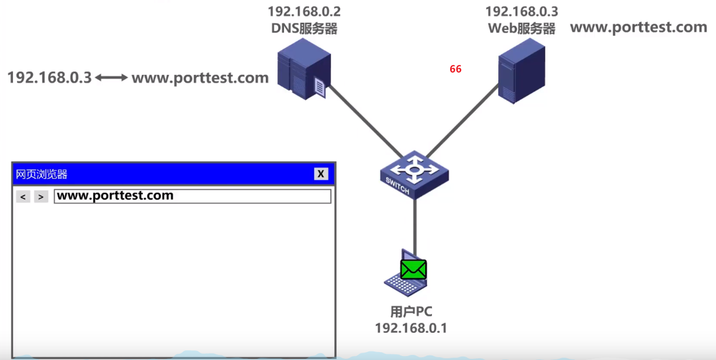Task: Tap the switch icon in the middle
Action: [414, 173]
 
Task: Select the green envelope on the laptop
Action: [413, 269]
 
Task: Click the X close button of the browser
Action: [321, 174]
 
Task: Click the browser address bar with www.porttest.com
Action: [192, 196]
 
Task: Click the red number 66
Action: [455, 69]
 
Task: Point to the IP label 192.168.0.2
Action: [304, 11]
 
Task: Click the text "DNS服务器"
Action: [304, 28]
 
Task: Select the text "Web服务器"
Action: [521, 28]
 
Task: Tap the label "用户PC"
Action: [411, 312]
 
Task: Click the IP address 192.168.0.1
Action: [411, 328]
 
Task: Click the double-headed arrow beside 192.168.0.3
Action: [112, 78]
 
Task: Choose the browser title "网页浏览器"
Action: [42, 174]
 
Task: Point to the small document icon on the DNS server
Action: [320, 88]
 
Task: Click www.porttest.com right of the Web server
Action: [638, 27]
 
